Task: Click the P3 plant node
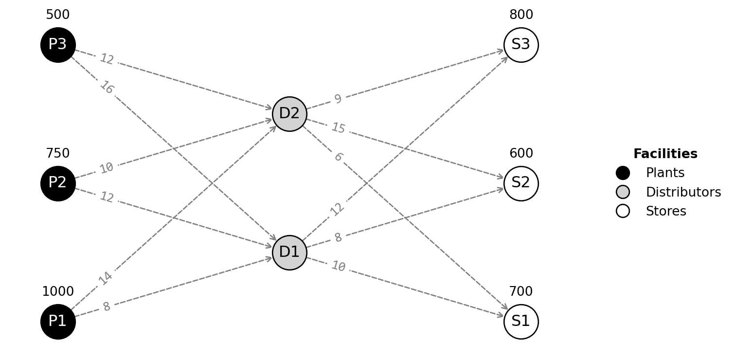(x=58, y=45)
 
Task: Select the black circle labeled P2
(x=58, y=183)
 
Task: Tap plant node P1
(x=58, y=322)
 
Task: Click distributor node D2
(x=289, y=114)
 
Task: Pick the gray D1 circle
(x=289, y=252)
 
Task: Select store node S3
(x=521, y=45)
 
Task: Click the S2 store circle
(x=521, y=183)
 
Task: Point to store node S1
(x=521, y=322)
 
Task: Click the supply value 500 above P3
(x=58, y=15)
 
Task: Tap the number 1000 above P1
(x=58, y=292)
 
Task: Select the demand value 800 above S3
(x=521, y=15)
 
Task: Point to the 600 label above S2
(x=521, y=154)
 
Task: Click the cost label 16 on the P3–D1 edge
(x=107, y=88)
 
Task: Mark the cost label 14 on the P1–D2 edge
(x=106, y=278)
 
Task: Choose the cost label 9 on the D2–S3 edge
(x=338, y=99)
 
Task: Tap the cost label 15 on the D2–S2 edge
(x=338, y=128)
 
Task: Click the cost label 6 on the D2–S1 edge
(x=339, y=157)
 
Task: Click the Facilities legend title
(x=665, y=154)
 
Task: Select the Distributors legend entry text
(x=683, y=193)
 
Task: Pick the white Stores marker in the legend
(x=623, y=211)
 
